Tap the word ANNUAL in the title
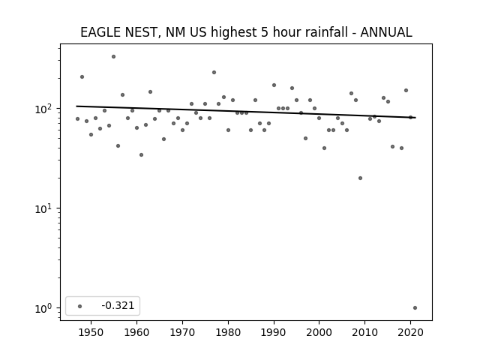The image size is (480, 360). point(386,32)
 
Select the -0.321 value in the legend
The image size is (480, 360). point(118,305)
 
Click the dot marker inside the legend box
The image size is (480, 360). point(79,306)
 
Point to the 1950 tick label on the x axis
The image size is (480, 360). point(91,332)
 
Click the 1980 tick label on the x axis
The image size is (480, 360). point(228,332)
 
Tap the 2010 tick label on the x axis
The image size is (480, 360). point(364,332)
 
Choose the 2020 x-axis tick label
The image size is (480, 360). point(410,332)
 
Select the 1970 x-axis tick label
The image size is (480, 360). point(182,332)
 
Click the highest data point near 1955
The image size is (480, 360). point(113,57)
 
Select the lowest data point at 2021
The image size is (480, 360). point(415,308)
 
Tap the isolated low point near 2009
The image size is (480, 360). point(360,178)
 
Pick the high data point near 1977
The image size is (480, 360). point(214,73)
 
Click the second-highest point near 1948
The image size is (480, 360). point(82,76)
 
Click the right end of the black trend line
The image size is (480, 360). point(415,118)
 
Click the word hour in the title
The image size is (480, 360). point(286,32)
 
